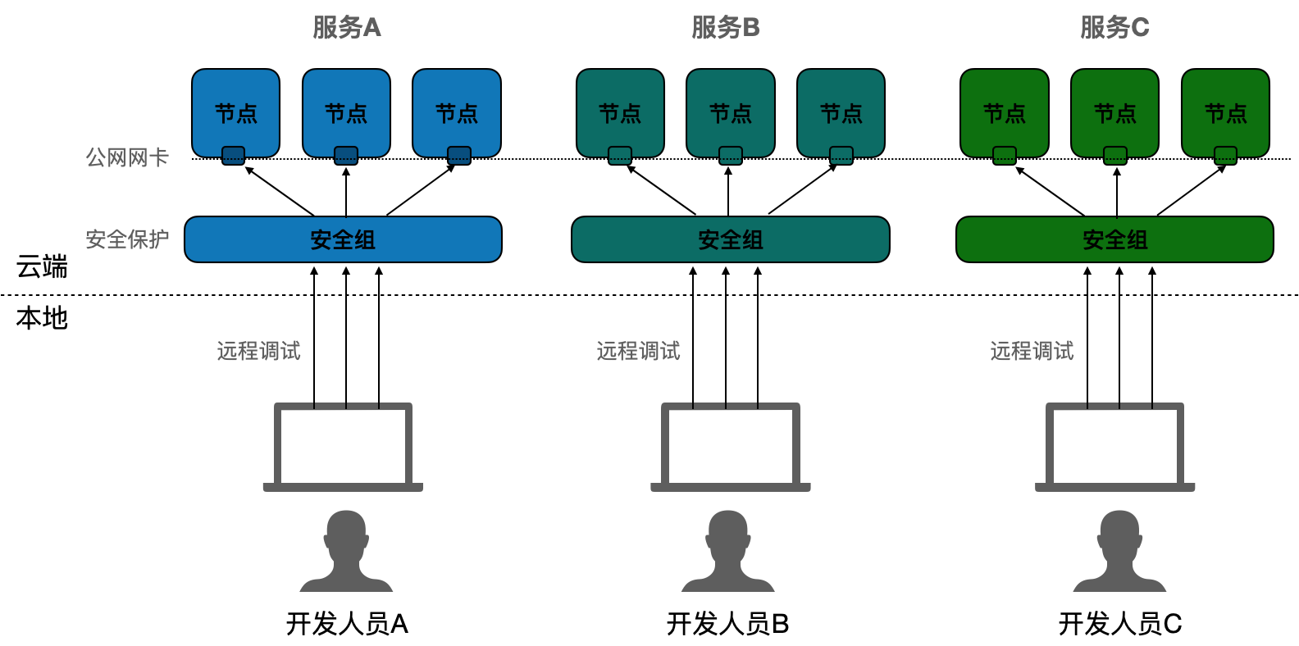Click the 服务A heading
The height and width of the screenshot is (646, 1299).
point(347,28)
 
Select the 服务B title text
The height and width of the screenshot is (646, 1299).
point(726,28)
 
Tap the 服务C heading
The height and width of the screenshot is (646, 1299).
point(1114,28)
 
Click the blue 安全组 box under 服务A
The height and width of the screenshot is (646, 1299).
point(343,239)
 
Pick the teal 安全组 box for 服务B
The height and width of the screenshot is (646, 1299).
point(730,239)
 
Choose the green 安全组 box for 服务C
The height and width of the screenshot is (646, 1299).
point(1114,239)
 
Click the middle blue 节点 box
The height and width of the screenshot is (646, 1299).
point(346,112)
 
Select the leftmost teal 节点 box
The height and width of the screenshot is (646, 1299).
point(620,112)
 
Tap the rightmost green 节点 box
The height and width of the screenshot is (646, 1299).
point(1225,112)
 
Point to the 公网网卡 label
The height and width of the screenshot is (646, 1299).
point(127,157)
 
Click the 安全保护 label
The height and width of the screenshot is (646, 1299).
point(127,239)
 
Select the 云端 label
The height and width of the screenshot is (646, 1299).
point(42,266)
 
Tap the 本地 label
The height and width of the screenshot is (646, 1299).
point(42,318)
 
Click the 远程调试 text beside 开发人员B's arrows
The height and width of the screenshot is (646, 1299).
point(638,351)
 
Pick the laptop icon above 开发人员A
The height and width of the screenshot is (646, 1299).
point(343,447)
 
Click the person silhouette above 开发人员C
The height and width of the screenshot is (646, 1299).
point(1119,551)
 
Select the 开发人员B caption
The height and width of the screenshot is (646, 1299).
point(727,624)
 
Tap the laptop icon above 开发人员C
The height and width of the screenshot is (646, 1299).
point(1114,447)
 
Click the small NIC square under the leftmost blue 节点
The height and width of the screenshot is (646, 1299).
point(234,155)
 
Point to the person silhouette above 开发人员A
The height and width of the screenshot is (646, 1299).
point(346,551)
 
